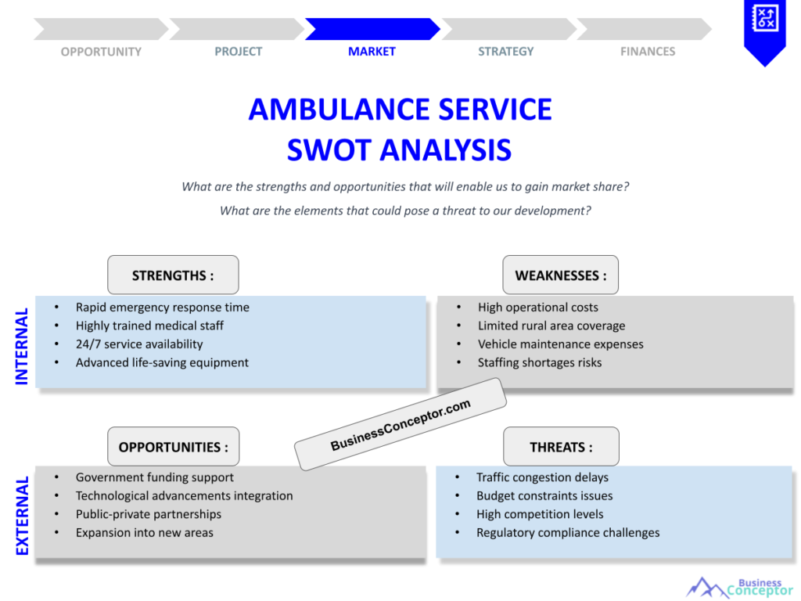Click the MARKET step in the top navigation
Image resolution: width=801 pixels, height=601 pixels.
(372, 52)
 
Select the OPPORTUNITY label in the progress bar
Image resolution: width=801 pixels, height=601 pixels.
(101, 52)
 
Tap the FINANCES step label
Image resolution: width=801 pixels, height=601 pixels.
(648, 52)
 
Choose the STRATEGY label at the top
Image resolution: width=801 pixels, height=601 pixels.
(506, 52)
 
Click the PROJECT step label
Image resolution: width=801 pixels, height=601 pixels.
(239, 52)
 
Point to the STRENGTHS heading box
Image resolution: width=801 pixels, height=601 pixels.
(173, 275)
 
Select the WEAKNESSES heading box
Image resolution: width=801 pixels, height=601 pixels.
(560, 275)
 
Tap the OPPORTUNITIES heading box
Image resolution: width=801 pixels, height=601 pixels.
(174, 447)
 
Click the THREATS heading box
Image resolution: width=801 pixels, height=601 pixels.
(561, 447)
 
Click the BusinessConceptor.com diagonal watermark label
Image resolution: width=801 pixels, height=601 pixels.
(400, 424)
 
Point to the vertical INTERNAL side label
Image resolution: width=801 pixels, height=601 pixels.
(22, 346)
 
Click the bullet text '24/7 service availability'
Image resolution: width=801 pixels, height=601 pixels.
(139, 344)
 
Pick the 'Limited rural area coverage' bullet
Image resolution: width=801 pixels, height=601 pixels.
(551, 326)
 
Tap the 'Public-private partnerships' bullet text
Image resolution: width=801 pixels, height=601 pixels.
(149, 514)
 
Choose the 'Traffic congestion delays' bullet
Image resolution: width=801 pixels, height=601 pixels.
(542, 477)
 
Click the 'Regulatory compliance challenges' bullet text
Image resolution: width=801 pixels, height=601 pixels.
(568, 533)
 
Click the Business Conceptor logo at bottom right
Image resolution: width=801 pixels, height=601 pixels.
(739, 587)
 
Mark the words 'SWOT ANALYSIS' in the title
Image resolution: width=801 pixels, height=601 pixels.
(399, 149)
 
